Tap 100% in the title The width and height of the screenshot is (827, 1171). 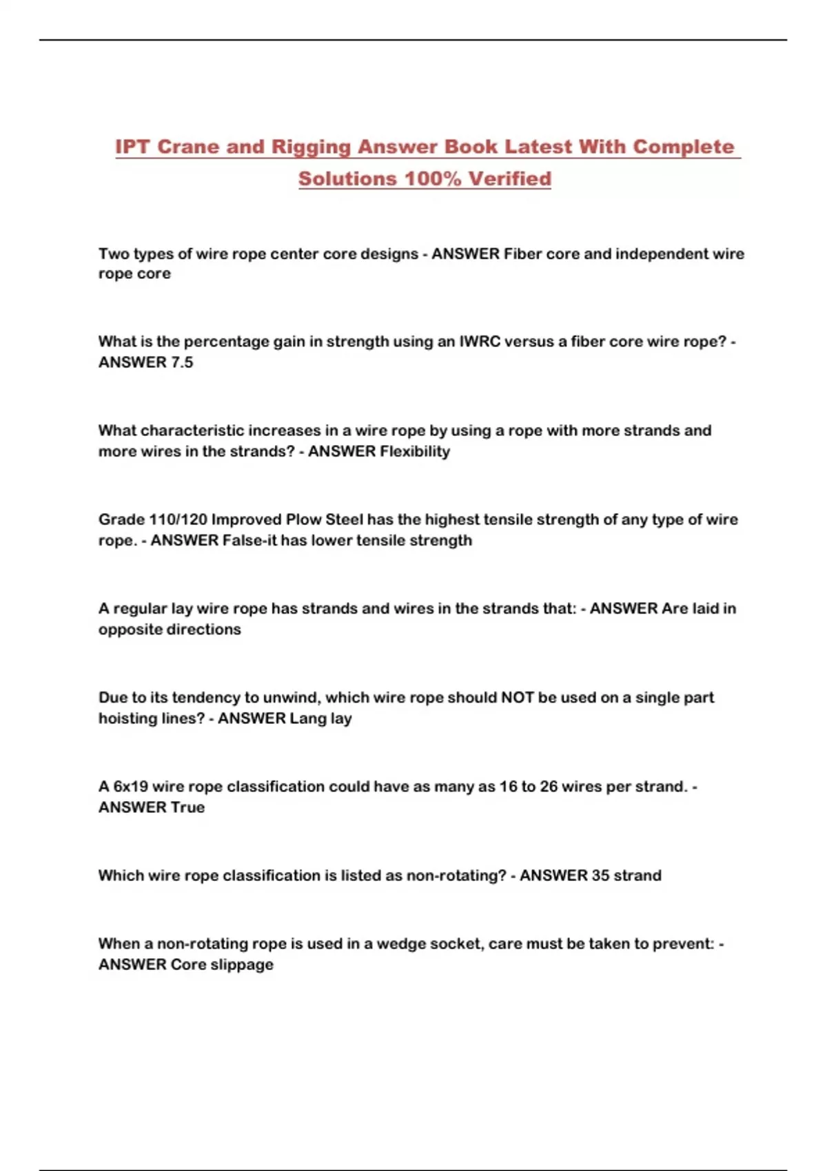click(432, 178)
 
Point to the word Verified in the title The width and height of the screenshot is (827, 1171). click(510, 178)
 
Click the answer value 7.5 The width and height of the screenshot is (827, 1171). click(182, 362)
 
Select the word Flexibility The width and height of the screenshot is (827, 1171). click(415, 451)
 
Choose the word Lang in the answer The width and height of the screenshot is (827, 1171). click(307, 718)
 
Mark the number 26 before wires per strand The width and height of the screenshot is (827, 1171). click(549, 787)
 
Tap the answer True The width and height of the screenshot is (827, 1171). click(187, 807)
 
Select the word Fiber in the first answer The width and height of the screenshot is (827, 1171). click(522, 253)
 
